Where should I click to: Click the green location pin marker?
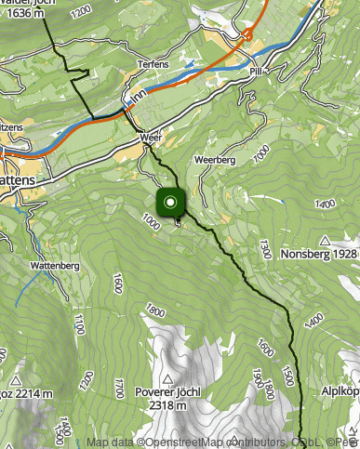(x=170, y=204)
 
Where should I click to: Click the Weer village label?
(x=151, y=137)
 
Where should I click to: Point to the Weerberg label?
(x=214, y=160)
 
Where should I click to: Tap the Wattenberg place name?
(x=54, y=266)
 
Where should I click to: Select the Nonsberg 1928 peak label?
(x=319, y=252)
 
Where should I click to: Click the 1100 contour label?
(x=79, y=324)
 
